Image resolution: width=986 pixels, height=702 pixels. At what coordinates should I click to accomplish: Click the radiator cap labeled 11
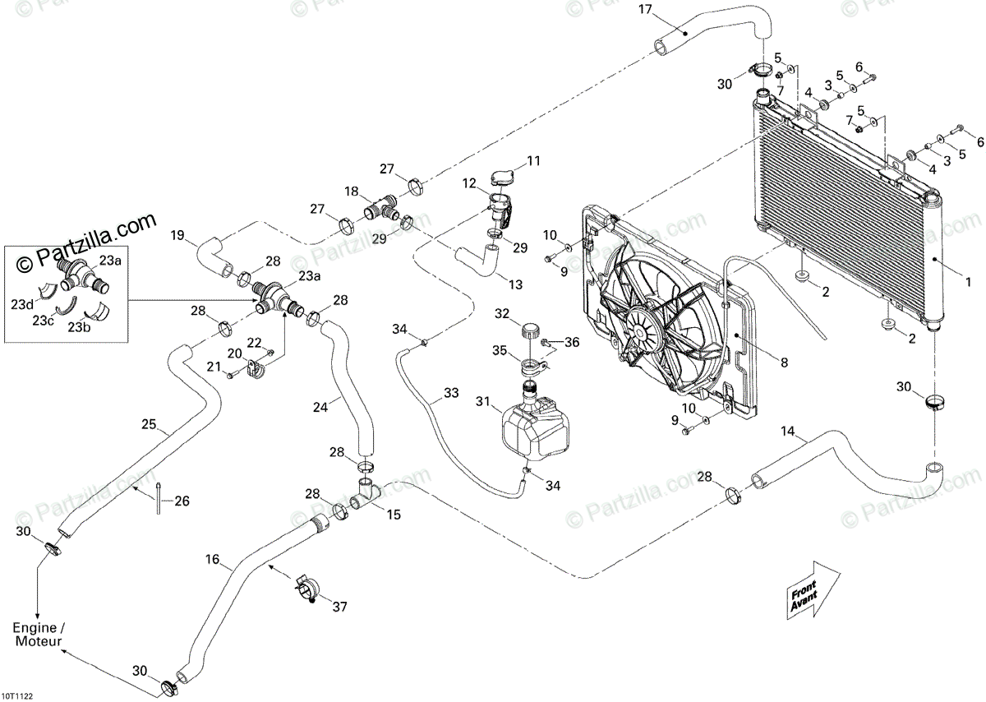[502, 178]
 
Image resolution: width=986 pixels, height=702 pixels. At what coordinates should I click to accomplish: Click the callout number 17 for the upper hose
[645, 9]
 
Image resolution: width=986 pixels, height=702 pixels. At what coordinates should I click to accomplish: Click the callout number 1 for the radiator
[967, 282]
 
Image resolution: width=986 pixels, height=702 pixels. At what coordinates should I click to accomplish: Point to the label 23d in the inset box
[22, 304]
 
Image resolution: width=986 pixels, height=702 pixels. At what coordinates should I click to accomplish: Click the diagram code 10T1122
[16, 697]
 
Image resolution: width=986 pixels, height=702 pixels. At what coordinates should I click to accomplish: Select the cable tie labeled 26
[158, 498]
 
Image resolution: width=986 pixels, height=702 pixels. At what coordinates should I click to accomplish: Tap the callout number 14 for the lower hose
[787, 431]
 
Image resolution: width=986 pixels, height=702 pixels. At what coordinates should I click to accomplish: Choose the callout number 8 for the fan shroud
[784, 362]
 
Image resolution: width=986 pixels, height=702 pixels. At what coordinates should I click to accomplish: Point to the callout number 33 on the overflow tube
[451, 392]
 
